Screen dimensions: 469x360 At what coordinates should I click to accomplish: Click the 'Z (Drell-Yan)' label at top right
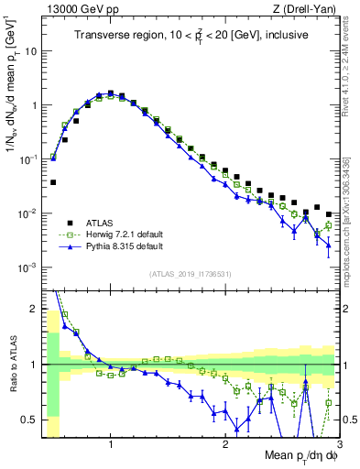coord(308,8)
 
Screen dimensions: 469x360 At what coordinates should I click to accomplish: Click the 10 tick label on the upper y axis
coord(30,51)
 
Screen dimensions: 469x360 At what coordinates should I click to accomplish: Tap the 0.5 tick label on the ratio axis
coord(29,420)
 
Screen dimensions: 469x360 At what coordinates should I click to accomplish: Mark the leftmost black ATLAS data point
coord(53,182)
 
